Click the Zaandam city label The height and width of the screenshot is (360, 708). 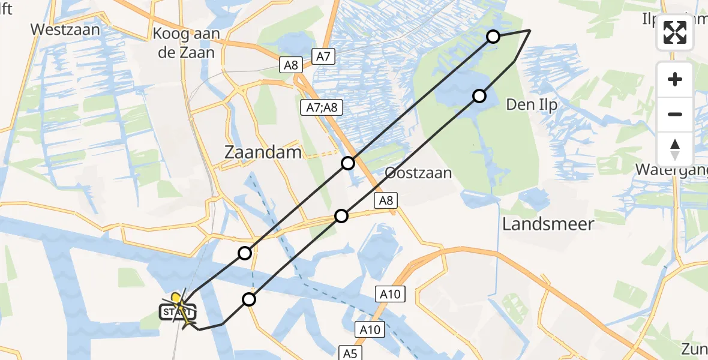pyautogui.click(x=262, y=152)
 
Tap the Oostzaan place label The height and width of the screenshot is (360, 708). pyautogui.click(x=418, y=173)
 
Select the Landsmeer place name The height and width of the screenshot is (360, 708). pyautogui.click(x=548, y=224)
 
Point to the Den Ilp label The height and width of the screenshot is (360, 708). pyautogui.click(x=532, y=104)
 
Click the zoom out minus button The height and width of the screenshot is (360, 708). pyautogui.click(x=675, y=114)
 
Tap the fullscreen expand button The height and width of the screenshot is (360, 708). pyautogui.click(x=675, y=32)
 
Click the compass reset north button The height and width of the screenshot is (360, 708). pyautogui.click(x=675, y=149)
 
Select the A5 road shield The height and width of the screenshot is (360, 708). pyautogui.click(x=351, y=353)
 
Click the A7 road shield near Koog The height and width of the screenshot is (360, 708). pyautogui.click(x=323, y=57)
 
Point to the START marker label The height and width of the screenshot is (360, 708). pyautogui.click(x=177, y=312)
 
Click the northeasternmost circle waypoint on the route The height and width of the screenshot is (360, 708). pyautogui.click(x=493, y=37)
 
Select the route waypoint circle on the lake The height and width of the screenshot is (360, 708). pyautogui.click(x=479, y=96)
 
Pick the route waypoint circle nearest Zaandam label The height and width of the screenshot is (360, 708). pyautogui.click(x=349, y=163)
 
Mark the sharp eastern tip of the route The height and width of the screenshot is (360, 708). pyautogui.click(x=529, y=30)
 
